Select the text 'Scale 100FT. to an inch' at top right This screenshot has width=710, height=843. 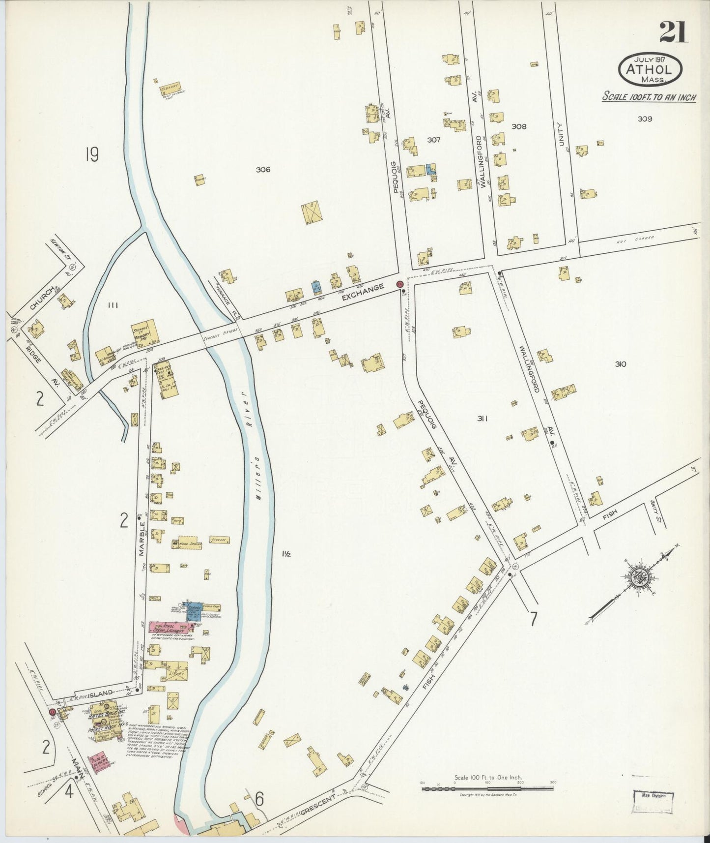(649, 97)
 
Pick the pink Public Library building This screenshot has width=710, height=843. (99, 764)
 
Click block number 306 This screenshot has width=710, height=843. (263, 170)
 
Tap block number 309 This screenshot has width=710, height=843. (644, 119)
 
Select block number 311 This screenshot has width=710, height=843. (482, 419)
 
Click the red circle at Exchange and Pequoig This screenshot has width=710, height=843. (399, 284)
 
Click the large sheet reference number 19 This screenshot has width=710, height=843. (91, 155)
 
